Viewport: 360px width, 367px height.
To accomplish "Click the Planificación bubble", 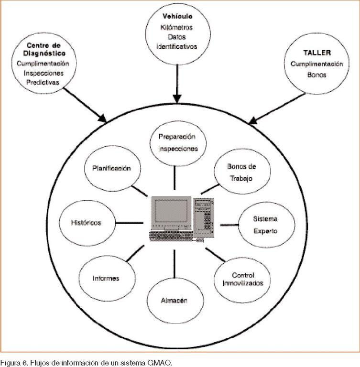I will [111, 168].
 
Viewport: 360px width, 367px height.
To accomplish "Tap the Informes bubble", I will [106, 278].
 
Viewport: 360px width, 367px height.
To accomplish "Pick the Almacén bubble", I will [174, 301].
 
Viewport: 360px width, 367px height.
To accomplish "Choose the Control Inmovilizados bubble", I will [242, 280].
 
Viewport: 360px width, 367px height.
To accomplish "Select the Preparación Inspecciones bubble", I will [177, 142].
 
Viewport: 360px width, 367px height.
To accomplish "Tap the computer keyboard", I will [170, 235].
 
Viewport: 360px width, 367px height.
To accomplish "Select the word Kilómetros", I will [177, 27].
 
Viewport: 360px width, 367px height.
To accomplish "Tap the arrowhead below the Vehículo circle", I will [177, 98].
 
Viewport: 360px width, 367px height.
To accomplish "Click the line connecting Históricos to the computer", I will [129, 222].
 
